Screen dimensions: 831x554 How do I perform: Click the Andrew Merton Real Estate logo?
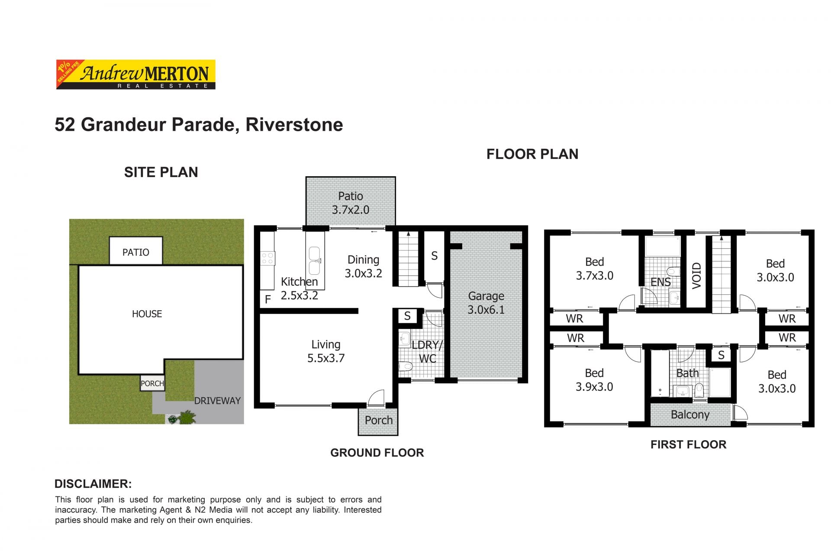(x=136, y=74)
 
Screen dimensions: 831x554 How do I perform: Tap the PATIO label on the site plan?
(x=136, y=252)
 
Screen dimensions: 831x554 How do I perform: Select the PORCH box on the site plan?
(x=152, y=383)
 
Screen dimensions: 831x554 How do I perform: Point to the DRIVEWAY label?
(x=217, y=401)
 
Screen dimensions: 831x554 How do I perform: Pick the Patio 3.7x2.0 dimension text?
(x=351, y=210)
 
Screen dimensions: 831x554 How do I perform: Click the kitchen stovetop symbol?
(x=267, y=258)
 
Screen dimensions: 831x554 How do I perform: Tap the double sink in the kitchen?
(x=315, y=261)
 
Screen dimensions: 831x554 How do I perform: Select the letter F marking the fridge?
(x=268, y=299)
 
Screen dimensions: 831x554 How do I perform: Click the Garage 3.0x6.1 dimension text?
(x=486, y=310)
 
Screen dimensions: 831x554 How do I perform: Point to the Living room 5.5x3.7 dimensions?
(x=326, y=358)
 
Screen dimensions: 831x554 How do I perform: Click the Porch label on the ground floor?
(x=379, y=420)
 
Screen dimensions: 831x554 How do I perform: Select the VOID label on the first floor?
(x=696, y=276)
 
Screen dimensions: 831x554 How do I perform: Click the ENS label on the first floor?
(x=661, y=282)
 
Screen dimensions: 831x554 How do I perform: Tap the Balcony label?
(x=690, y=415)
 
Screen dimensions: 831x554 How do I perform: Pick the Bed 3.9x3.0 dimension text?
(x=594, y=387)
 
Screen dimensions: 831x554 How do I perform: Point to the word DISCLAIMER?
(x=93, y=484)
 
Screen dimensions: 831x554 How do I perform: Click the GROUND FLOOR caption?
(x=377, y=453)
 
